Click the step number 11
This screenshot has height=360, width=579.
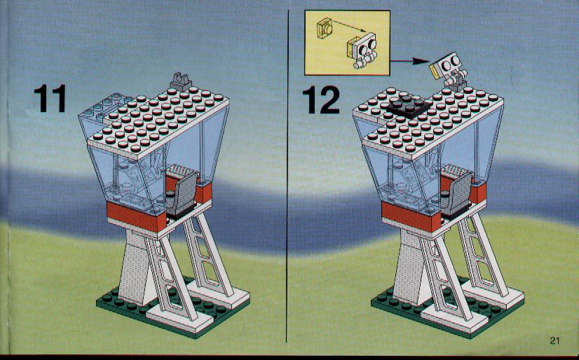click(50, 98)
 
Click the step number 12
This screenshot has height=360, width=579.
click(321, 99)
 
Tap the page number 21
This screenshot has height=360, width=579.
click(554, 340)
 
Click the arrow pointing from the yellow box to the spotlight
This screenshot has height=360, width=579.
click(409, 61)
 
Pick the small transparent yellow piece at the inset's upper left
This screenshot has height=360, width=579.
click(325, 28)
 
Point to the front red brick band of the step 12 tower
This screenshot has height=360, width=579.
click(411, 216)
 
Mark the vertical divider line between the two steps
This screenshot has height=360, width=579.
click(287, 176)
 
